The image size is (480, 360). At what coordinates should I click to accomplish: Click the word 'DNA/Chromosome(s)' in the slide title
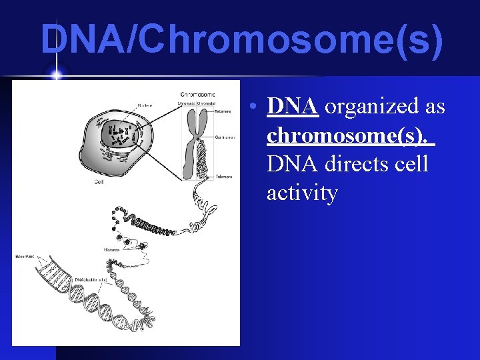(241, 39)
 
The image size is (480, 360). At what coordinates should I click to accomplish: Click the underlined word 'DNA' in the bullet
(291, 106)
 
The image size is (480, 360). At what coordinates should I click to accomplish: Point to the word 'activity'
(302, 193)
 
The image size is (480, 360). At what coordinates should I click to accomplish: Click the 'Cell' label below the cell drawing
(98, 181)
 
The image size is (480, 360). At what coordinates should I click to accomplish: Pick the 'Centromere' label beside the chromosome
(224, 137)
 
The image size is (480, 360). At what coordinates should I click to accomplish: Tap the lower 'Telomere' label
(224, 177)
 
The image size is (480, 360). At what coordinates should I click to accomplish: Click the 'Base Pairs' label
(24, 256)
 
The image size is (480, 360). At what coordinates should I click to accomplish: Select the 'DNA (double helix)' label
(89, 279)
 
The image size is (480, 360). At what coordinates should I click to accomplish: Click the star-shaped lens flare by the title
(55, 74)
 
